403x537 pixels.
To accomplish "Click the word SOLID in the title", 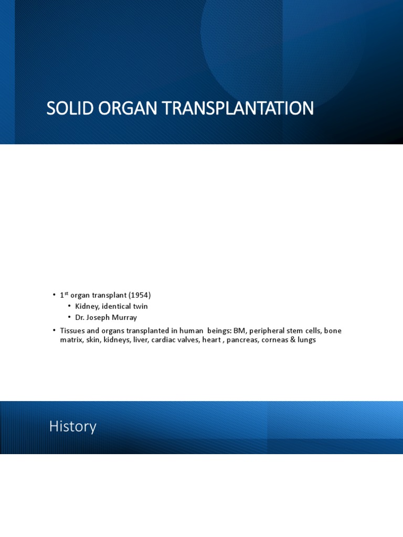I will pyautogui.click(x=65, y=109).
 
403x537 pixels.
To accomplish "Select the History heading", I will pyautogui.click(x=72, y=426).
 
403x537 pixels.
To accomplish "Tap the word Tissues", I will pyautogui.click(x=72, y=330).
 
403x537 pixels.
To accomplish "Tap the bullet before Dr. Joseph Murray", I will pyautogui.click(x=69, y=317).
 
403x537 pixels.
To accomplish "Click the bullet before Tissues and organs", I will pyautogui.click(x=54, y=330).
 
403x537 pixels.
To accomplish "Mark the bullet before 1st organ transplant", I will pyautogui.click(x=54, y=295).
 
